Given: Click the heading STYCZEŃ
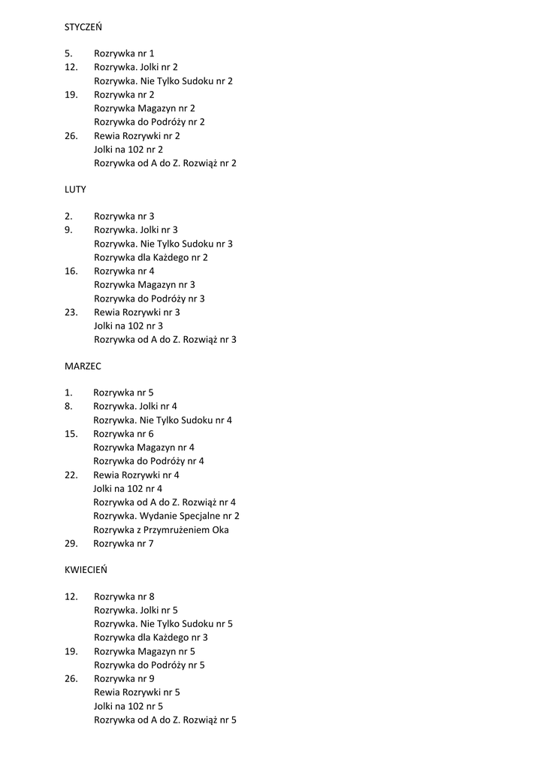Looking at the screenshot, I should [83, 27].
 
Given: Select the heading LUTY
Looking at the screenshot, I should [75, 189].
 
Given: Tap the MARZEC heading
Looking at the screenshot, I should [83, 366].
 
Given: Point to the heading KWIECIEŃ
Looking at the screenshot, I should [86, 570].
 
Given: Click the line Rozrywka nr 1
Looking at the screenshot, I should [124, 53].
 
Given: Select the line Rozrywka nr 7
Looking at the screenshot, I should [123, 544].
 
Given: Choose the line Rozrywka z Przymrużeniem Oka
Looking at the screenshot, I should [161, 530].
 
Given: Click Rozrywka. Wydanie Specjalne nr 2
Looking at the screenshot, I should [166, 516].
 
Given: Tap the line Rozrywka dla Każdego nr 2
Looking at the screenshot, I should [150, 257].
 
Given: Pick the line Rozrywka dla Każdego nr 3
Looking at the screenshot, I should [150, 638].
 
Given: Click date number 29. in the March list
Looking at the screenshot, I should [71, 544].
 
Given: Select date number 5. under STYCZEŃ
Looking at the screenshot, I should [68, 53].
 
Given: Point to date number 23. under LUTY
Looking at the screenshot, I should [71, 312].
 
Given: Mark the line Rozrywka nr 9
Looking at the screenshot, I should [124, 678].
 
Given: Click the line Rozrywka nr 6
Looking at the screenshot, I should [123, 434].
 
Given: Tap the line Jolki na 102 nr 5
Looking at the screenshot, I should [128, 706].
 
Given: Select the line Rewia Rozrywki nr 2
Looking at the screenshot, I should [137, 136].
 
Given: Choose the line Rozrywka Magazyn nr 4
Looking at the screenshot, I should [144, 447].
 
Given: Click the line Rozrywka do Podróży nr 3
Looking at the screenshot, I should [149, 299].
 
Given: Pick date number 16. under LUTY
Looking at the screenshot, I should [71, 271].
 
